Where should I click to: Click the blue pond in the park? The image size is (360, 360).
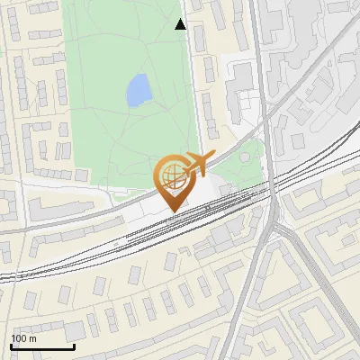(x=139, y=89)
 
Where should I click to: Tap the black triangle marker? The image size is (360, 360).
(x=181, y=24)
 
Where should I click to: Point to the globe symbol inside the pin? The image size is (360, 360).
(x=171, y=175)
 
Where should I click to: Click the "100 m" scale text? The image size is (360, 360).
(x=23, y=338)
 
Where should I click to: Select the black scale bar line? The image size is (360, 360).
(x=42, y=346)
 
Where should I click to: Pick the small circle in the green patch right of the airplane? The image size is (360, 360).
(x=245, y=161)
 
